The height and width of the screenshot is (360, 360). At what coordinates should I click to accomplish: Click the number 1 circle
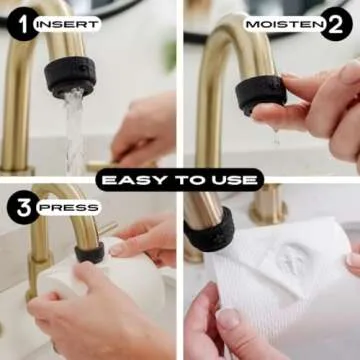(x=23, y=23)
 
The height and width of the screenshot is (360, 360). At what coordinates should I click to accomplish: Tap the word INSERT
(x=67, y=24)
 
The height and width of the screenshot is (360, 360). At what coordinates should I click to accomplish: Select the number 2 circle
(x=336, y=24)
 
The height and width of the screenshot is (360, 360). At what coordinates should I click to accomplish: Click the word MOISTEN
(x=285, y=24)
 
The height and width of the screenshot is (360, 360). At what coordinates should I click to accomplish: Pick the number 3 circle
(x=23, y=207)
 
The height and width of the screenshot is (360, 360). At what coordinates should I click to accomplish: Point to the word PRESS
(x=69, y=208)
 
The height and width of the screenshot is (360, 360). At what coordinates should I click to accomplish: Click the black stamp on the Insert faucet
(x=70, y=76)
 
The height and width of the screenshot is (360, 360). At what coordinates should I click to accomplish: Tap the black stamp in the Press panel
(x=90, y=253)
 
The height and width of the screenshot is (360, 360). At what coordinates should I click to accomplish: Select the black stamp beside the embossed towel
(x=209, y=230)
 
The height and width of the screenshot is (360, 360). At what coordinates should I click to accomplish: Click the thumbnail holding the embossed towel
(x=228, y=318)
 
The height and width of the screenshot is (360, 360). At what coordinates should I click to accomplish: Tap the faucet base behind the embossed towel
(x=269, y=204)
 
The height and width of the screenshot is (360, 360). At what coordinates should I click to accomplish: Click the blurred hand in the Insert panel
(x=144, y=130)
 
